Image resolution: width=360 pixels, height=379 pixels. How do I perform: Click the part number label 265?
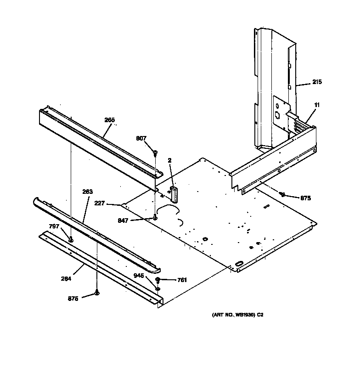(x=109, y=120)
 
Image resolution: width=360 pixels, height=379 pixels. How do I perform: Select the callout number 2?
(x=169, y=160)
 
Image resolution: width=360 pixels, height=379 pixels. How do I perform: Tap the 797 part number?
(x=54, y=226)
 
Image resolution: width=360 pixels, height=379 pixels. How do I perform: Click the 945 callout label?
(x=139, y=276)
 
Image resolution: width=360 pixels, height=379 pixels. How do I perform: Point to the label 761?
(x=182, y=280)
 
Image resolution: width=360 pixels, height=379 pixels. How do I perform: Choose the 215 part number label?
(x=317, y=82)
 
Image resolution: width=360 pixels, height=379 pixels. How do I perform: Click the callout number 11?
(x=317, y=105)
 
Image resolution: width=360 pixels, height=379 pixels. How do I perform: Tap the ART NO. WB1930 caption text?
(x=237, y=315)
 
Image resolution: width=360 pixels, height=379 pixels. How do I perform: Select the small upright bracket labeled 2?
(x=174, y=193)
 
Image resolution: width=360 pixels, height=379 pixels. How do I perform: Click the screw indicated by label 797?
(x=71, y=239)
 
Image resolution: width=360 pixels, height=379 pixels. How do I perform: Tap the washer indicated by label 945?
(x=157, y=288)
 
